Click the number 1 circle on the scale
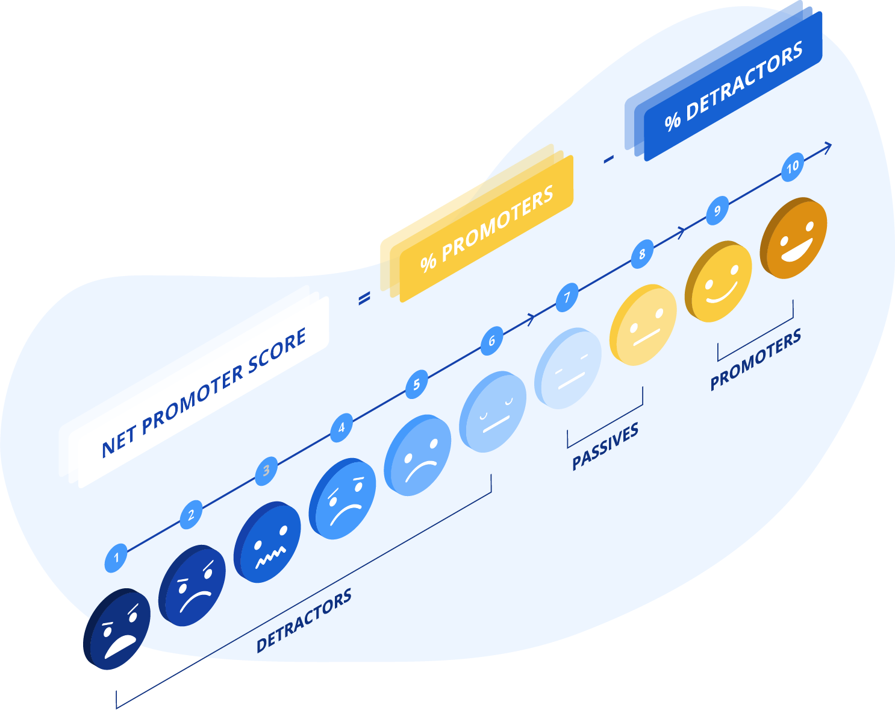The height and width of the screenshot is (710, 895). point(116,558)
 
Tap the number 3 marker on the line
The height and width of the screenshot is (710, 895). point(266,471)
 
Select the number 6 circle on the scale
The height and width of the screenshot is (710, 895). point(491,341)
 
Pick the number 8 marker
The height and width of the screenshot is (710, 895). point(642,254)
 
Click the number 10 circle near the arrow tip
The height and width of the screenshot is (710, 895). point(792,167)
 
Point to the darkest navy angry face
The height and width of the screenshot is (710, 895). point(117,629)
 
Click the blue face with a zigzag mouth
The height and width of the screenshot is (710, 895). point(267,542)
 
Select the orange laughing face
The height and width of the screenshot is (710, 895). point(794,237)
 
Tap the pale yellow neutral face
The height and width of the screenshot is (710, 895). point(643,325)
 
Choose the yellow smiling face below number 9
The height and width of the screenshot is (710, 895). point(719,281)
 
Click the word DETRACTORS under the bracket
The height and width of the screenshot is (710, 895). point(304,620)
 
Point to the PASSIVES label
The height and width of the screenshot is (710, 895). point(605,446)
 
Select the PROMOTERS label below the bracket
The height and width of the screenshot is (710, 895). point(755,359)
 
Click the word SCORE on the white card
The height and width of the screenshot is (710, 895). point(277,351)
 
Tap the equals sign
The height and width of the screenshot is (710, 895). point(364,298)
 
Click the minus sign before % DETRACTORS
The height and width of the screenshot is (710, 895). point(608,159)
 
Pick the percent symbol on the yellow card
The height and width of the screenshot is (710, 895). point(428,263)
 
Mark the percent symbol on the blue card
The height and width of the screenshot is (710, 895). point(673,122)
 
